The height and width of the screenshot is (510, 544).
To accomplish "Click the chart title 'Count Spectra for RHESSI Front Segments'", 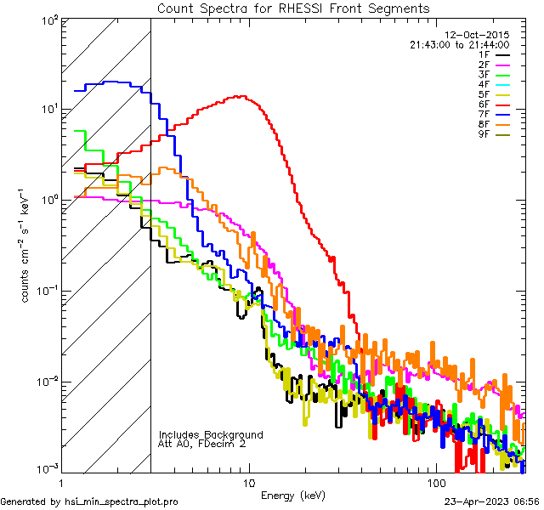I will click(x=293, y=8).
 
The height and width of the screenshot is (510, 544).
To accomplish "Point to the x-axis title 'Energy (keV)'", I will click(x=292, y=495).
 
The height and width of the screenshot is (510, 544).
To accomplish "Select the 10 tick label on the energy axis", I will click(x=249, y=481).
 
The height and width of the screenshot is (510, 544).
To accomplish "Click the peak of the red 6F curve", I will click(x=242, y=96).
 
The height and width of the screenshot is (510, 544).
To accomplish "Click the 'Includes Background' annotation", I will click(x=211, y=434).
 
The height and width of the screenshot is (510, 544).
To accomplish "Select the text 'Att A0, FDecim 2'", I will click(x=202, y=444).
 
